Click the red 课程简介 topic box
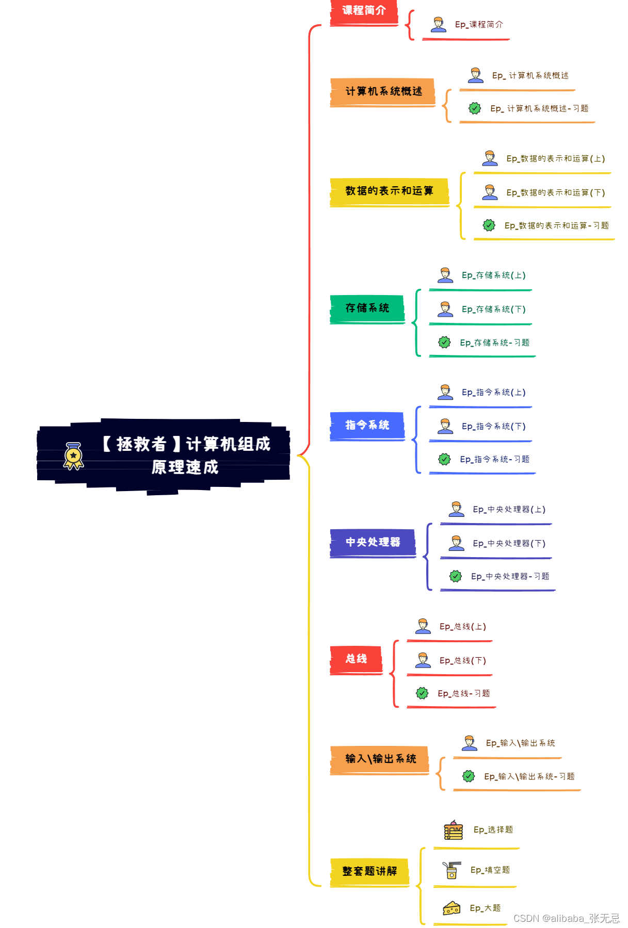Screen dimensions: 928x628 364,11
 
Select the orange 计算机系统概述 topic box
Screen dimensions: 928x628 383,91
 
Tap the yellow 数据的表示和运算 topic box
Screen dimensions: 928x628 389,191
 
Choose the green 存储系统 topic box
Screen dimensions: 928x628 367,308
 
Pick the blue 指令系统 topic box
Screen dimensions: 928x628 367,425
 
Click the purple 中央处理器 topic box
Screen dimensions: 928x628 373,542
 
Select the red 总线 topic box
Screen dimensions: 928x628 356,659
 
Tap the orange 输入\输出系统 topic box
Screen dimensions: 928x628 380,759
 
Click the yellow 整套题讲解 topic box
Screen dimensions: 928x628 369,871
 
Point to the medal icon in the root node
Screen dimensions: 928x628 73,456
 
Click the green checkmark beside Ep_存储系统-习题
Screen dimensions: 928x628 444,342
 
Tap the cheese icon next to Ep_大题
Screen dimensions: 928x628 452,908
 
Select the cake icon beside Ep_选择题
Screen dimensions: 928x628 453,830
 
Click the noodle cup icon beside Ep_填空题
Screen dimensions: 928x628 452,870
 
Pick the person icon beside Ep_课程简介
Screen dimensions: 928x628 439,24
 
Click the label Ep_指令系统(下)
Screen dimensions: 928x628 493,427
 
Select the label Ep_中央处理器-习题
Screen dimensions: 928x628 510,576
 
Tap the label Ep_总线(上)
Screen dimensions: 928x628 462,627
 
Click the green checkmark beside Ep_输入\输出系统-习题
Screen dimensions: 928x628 469,776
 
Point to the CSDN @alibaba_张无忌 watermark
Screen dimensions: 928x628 566,918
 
